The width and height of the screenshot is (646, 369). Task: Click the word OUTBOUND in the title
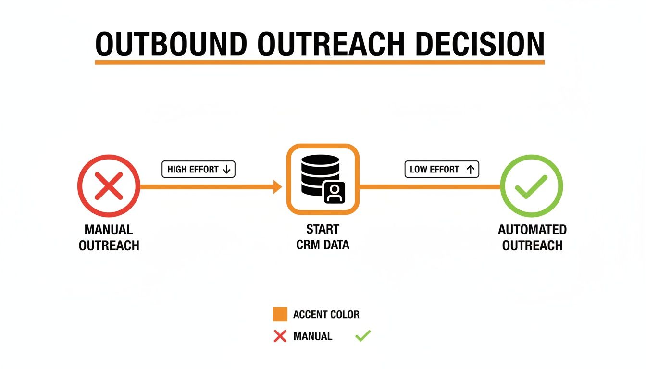pyautogui.click(x=172, y=44)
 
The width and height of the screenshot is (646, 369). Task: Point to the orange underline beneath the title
pyautogui.click(x=320, y=62)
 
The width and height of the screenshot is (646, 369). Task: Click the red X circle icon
pyautogui.click(x=109, y=186)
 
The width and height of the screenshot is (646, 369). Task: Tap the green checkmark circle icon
pyautogui.click(x=531, y=186)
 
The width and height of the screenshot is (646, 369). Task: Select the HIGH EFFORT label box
pyautogui.click(x=199, y=170)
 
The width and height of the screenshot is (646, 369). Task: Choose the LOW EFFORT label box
pyautogui.click(x=442, y=170)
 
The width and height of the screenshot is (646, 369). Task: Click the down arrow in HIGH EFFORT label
pyautogui.click(x=227, y=170)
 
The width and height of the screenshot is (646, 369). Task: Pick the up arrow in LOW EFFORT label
pyautogui.click(x=470, y=170)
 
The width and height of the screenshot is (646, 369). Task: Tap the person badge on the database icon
pyautogui.click(x=335, y=193)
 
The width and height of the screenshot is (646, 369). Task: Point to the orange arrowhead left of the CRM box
pyautogui.click(x=277, y=187)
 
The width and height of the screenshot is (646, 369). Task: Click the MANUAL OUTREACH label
pyautogui.click(x=109, y=237)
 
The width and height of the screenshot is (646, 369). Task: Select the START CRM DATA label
pyautogui.click(x=323, y=237)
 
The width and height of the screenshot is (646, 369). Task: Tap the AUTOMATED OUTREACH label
pyautogui.click(x=532, y=237)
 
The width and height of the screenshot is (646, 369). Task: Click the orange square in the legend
pyautogui.click(x=280, y=314)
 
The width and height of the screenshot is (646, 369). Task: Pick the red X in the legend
pyautogui.click(x=280, y=336)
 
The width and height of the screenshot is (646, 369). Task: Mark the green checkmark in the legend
pyautogui.click(x=363, y=336)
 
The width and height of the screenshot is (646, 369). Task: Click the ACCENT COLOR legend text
pyautogui.click(x=326, y=315)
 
